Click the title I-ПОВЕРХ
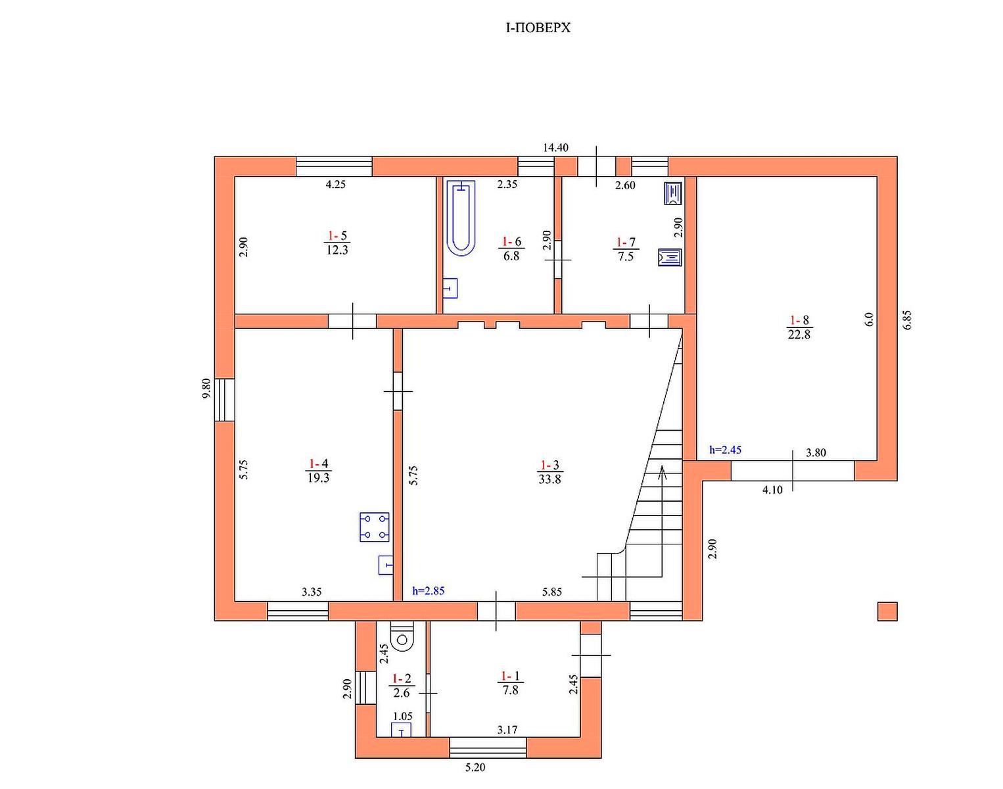tap(538, 28)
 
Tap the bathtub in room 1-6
tap(461, 218)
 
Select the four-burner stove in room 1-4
tap(374, 527)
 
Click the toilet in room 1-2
tap(402, 636)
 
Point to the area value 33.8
tap(549, 479)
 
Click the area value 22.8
tap(799, 335)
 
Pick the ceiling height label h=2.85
tap(429, 591)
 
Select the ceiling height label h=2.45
tap(725, 450)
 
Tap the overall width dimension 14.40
tap(555, 148)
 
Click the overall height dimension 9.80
tap(206, 388)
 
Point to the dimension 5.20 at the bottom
tap(475, 767)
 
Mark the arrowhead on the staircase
tap(662, 472)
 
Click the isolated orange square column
tap(887, 611)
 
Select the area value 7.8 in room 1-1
tap(510, 690)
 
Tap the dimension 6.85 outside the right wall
tap(906, 320)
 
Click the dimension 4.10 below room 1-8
tap(772, 490)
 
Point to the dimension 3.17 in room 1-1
tap(507, 730)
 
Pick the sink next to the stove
tap(385, 565)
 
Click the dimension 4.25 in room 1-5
tap(336, 184)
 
